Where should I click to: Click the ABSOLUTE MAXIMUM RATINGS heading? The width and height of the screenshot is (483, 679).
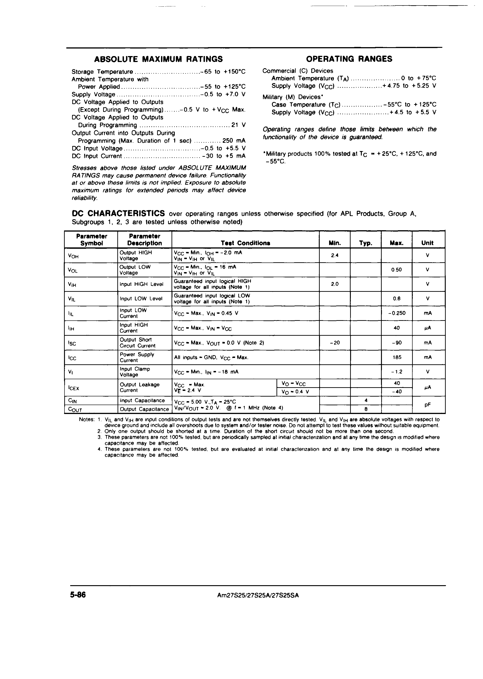[158, 59]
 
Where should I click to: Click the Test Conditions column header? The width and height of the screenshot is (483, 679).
[245, 243]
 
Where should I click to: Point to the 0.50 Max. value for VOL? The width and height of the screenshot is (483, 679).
[397, 270]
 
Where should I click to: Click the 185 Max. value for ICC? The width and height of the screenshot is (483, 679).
[397, 357]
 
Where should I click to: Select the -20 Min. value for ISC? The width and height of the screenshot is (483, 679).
[335, 343]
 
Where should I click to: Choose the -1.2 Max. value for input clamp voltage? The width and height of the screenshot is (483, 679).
[397, 372]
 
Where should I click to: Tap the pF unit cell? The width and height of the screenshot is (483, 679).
[428, 405]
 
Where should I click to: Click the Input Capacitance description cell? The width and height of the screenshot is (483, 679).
[142, 400]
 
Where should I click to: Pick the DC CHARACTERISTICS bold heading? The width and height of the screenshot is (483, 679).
[118, 214]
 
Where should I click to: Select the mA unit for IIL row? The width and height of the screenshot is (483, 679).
[428, 313]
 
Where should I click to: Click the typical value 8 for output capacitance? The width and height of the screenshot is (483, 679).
[366, 409]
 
